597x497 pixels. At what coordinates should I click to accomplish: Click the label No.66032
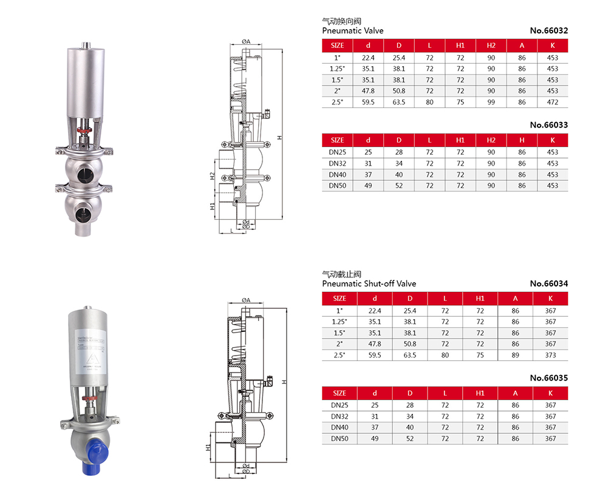[548, 30]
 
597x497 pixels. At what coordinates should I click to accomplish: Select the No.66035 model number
[548, 377]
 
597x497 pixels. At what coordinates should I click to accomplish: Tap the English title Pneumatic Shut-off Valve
[369, 283]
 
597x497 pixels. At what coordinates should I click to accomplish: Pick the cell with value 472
[552, 103]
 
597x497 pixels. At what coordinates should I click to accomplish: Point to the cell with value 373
[550, 355]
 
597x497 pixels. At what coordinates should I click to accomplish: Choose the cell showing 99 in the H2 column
[491, 103]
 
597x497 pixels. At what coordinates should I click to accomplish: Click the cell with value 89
[515, 355]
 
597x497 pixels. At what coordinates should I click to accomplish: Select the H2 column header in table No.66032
[491, 46]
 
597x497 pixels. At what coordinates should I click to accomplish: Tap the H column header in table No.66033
[522, 140]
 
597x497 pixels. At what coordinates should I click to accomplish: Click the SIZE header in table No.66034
[339, 298]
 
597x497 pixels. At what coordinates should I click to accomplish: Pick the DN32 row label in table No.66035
[339, 416]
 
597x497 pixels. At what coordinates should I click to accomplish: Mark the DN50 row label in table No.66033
[338, 186]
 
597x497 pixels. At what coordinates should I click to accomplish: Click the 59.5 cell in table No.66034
[375, 355]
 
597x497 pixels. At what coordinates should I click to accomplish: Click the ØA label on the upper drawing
[246, 42]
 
